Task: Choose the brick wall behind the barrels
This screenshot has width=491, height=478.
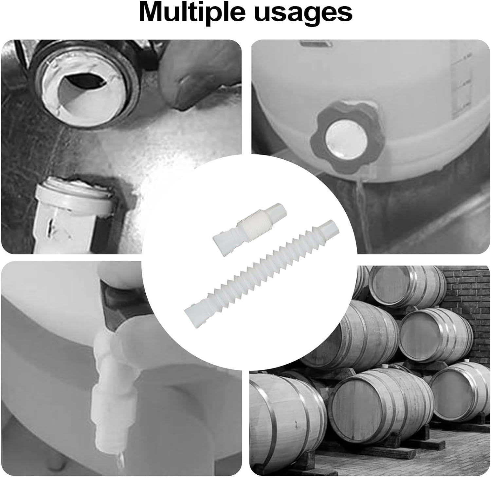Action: tap(465, 295)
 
